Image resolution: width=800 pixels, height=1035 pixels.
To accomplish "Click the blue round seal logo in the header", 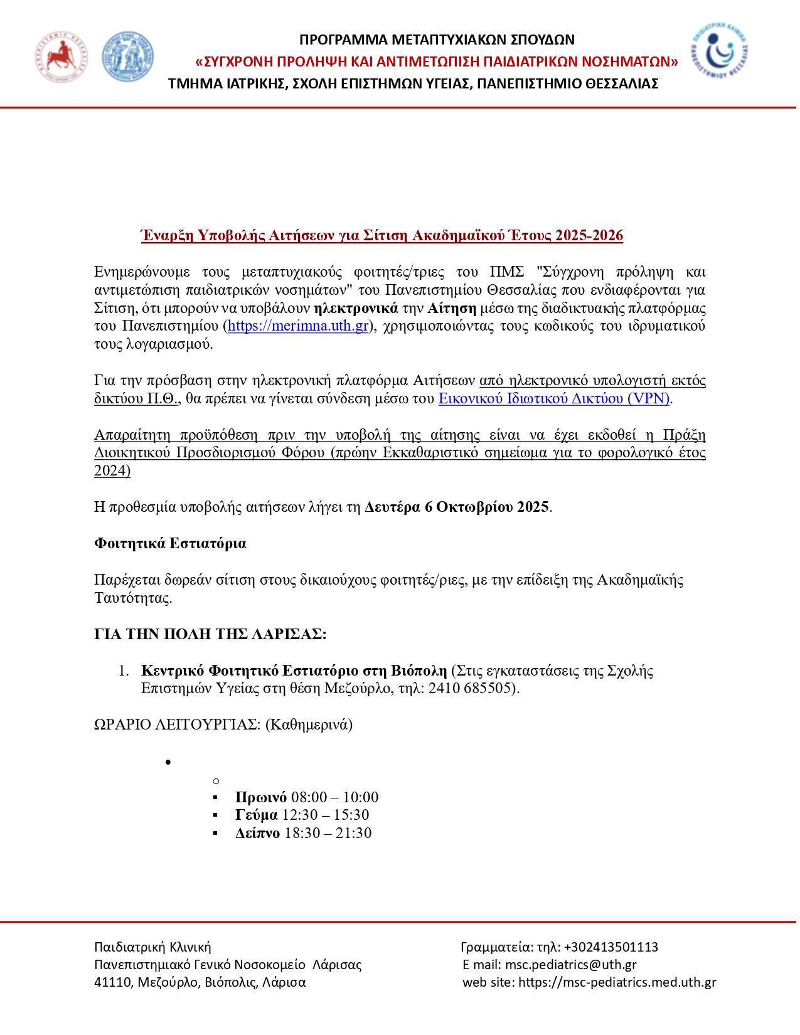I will (x=127, y=57).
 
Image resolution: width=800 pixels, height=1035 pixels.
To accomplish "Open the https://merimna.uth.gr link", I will (x=298, y=326).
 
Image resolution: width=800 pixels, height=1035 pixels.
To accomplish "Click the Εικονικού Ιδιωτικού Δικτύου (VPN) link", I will (x=554, y=398).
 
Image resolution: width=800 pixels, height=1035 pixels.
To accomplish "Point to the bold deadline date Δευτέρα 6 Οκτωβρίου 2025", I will (x=457, y=507).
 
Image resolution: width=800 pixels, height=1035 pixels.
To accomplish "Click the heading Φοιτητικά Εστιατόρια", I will (x=170, y=543).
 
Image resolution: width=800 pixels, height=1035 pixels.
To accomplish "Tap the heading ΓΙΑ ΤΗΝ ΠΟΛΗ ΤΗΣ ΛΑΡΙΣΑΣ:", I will (x=210, y=634).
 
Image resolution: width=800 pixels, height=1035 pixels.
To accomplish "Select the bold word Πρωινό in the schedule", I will (x=261, y=797).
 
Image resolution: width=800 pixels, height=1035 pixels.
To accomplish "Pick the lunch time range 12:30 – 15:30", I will (x=326, y=815).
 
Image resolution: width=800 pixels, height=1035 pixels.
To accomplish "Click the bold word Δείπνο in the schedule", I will (x=257, y=833).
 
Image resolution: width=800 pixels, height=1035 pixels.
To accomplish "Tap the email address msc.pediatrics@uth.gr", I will (x=570, y=965).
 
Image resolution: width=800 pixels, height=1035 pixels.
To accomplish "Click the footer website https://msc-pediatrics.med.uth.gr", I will (x=617, y=982).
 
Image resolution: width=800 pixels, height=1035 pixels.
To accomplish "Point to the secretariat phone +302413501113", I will (x=611, y=947).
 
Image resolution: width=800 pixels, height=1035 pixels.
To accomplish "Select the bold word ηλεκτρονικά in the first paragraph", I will (x=356, y=308).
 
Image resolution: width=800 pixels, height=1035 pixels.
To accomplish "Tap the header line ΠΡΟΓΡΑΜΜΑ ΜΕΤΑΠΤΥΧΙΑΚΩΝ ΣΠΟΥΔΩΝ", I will (x=437, y=40).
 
